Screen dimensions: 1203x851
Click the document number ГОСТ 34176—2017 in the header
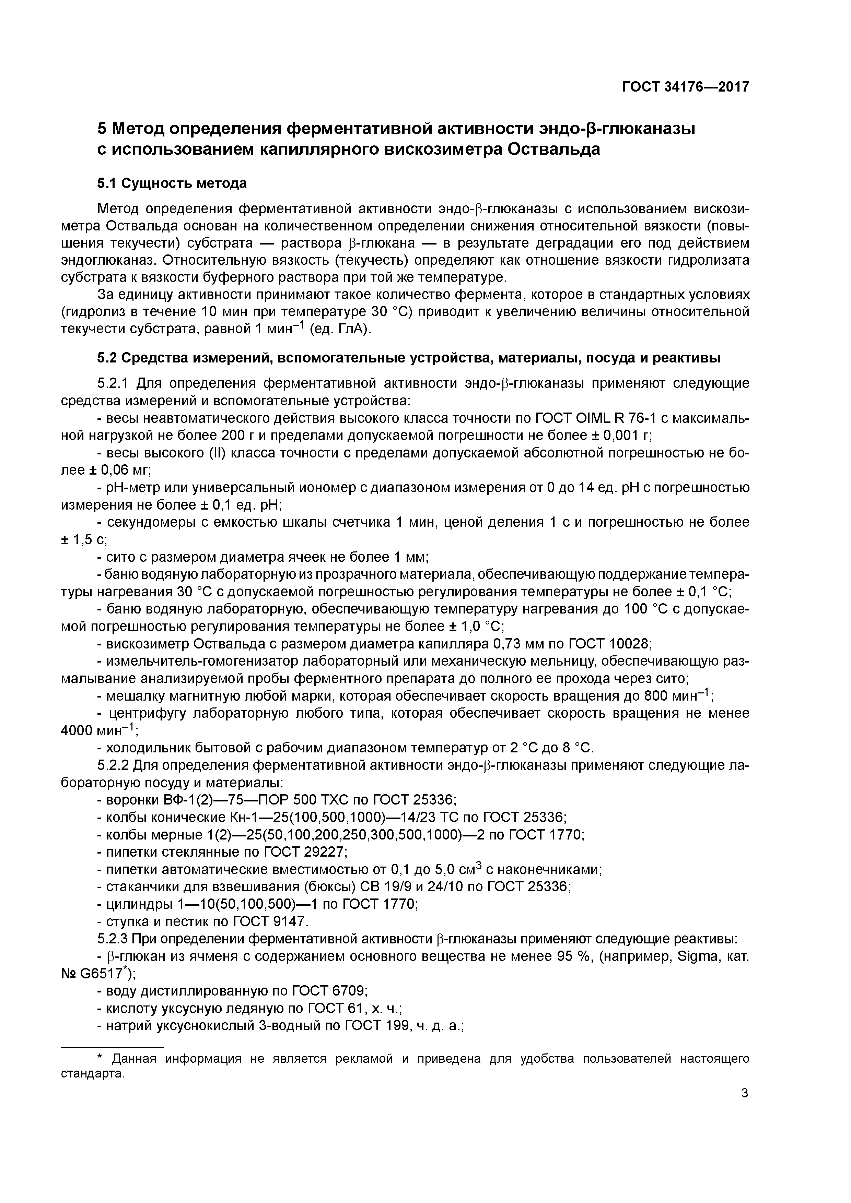pos(685,87)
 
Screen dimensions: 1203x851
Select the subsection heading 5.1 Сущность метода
pos(172,183)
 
